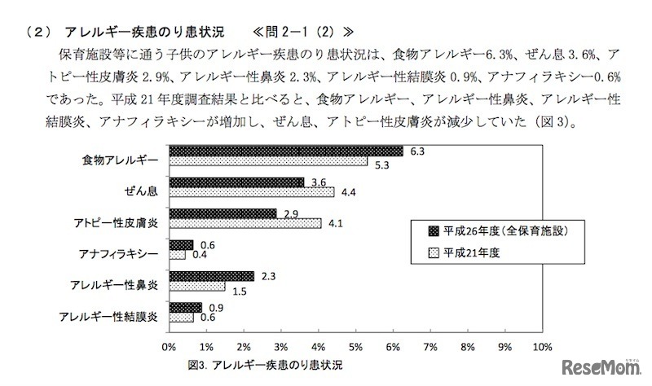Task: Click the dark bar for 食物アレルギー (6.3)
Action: (286, 151)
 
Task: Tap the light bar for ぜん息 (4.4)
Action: (251, 193)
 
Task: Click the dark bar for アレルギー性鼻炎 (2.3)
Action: (211, 276)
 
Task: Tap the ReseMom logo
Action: (599, 366)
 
